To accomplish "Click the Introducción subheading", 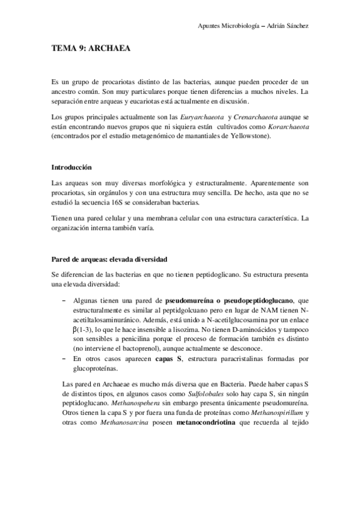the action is point(75,167).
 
